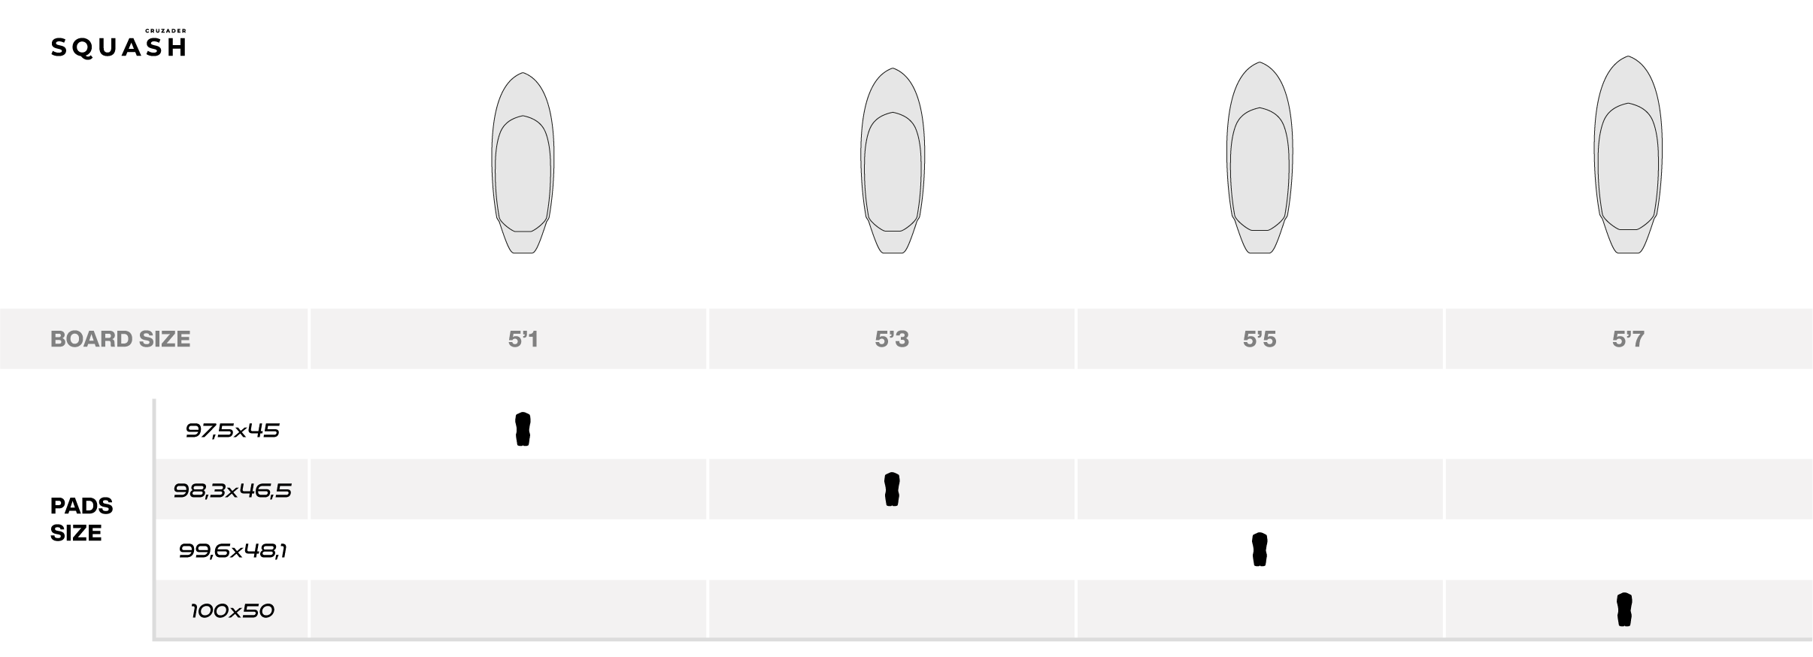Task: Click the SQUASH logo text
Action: click(118, 47)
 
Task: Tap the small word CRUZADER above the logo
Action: click(165, 31)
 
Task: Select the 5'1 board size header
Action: click(523, 339)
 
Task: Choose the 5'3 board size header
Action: click(892, 339)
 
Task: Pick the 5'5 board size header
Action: click(1260, 339)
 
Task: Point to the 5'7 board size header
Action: click(1628, 339)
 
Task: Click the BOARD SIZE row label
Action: click(120, 339)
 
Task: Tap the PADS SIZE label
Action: click(81, 519)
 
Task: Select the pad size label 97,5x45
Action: click(232, 430)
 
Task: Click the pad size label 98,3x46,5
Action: click(232, 490)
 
